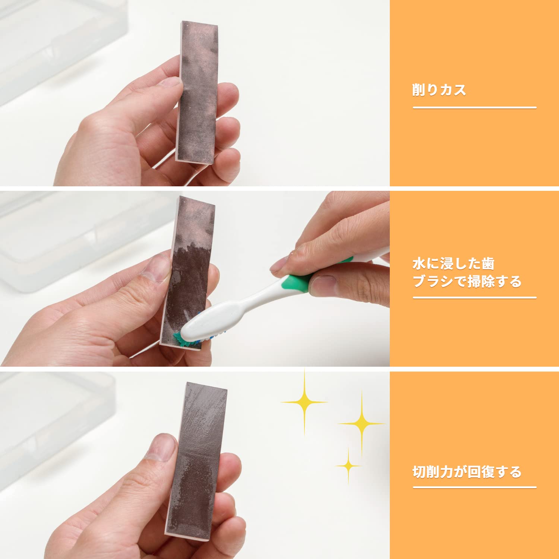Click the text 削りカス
(439, 90)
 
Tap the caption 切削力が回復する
(467, 472)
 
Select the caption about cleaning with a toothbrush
(467, 272)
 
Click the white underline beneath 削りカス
(474, 108)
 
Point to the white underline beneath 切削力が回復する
(474, 487)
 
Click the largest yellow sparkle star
(304, 402)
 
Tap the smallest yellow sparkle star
(348, 466)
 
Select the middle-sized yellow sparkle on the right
(361, 424)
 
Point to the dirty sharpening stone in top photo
(198, 93)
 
